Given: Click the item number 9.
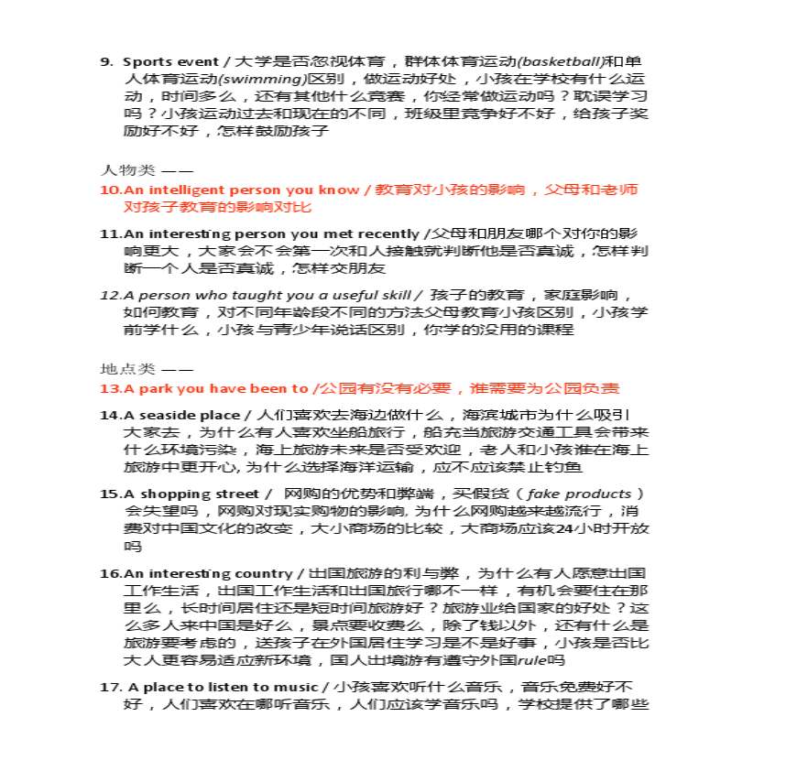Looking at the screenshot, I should point(106,61).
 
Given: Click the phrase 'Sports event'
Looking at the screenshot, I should point(161,61).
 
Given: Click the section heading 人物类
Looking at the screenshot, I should point(118,169).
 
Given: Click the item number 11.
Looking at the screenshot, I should point(110,233).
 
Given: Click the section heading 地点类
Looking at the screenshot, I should point(118,369).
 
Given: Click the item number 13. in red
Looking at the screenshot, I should point(110,389).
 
